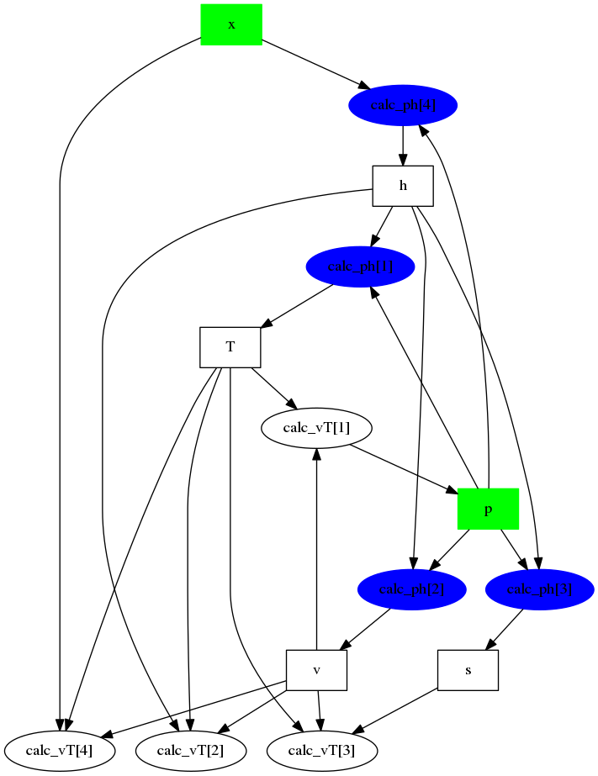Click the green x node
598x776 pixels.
[x=231, y=24]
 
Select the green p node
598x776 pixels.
[x=488, y=509]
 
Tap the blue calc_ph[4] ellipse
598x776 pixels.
[x=403, y=105]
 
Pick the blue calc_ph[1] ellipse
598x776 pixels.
[x=361, y=267]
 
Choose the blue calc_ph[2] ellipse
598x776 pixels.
[x=411, y=589]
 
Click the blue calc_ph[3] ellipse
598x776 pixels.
[x=540, y=589]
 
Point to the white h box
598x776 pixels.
[x=403, y=186]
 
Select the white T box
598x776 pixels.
[x=230, y=347]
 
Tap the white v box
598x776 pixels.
[x=317, y=670]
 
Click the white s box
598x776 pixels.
[x=468, y=670]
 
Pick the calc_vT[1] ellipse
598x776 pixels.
[x=317, y=428]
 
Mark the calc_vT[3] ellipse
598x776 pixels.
[x=322, y=750]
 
